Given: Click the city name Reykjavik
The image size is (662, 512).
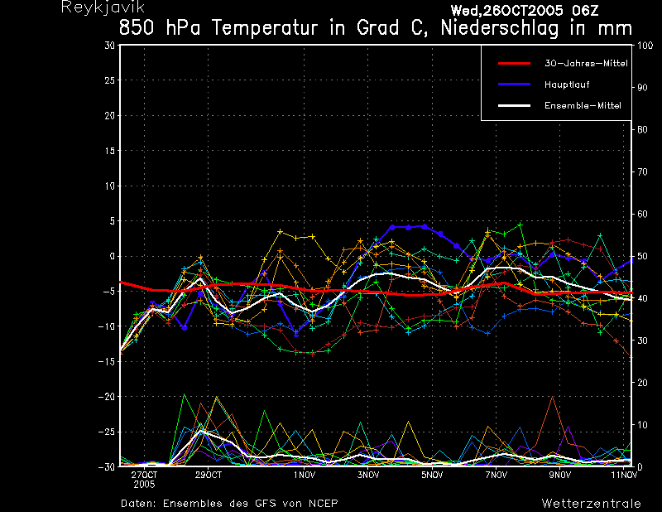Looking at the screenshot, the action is point(103,7).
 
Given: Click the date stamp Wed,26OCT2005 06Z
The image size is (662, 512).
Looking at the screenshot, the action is point(525,11).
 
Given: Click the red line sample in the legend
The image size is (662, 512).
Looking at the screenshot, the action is point(514,64).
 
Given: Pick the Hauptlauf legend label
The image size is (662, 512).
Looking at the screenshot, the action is point(567,85).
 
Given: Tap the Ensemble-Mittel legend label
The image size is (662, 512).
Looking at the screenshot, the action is point(583,105).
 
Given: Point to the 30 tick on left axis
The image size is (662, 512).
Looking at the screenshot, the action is point(109,45).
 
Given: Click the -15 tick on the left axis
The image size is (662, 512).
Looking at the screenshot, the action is point(107,361).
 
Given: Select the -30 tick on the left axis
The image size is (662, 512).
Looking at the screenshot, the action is point(107,466).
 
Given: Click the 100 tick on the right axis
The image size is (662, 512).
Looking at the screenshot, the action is point(645,46).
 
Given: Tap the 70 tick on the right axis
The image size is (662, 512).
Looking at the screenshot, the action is point(642,171).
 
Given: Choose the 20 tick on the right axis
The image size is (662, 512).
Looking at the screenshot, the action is point(642,383).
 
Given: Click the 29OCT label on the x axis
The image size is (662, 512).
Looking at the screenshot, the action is point(209,475).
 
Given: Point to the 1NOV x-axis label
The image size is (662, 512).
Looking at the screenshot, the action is point(305,475).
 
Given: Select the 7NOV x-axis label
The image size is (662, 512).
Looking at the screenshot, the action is point(496,475).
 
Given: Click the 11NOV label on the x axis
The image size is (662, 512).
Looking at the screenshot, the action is point(625,475).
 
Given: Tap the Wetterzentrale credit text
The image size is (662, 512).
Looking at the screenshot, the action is point(591,503).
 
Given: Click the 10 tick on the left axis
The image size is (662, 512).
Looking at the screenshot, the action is point(109,186).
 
